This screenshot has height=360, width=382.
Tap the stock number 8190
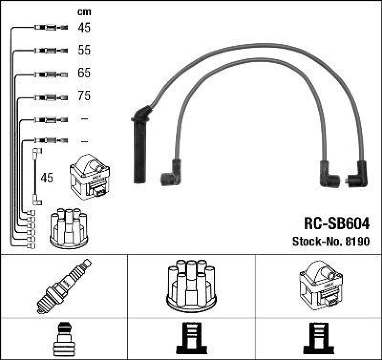coord(356,242)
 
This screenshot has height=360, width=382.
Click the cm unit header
coord(84,12)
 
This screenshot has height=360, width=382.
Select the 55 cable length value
coord(84,50)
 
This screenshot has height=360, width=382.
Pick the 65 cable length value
coord(84,73)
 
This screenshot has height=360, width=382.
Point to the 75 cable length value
coord(84,96)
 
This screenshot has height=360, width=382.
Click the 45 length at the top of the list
coord(84,28)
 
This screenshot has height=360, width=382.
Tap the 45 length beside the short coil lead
coord(47,178)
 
